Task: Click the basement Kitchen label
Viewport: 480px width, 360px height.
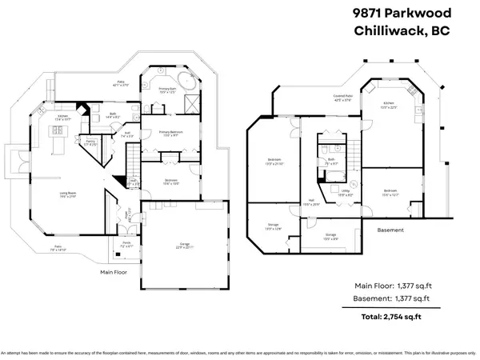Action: (388, 103)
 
